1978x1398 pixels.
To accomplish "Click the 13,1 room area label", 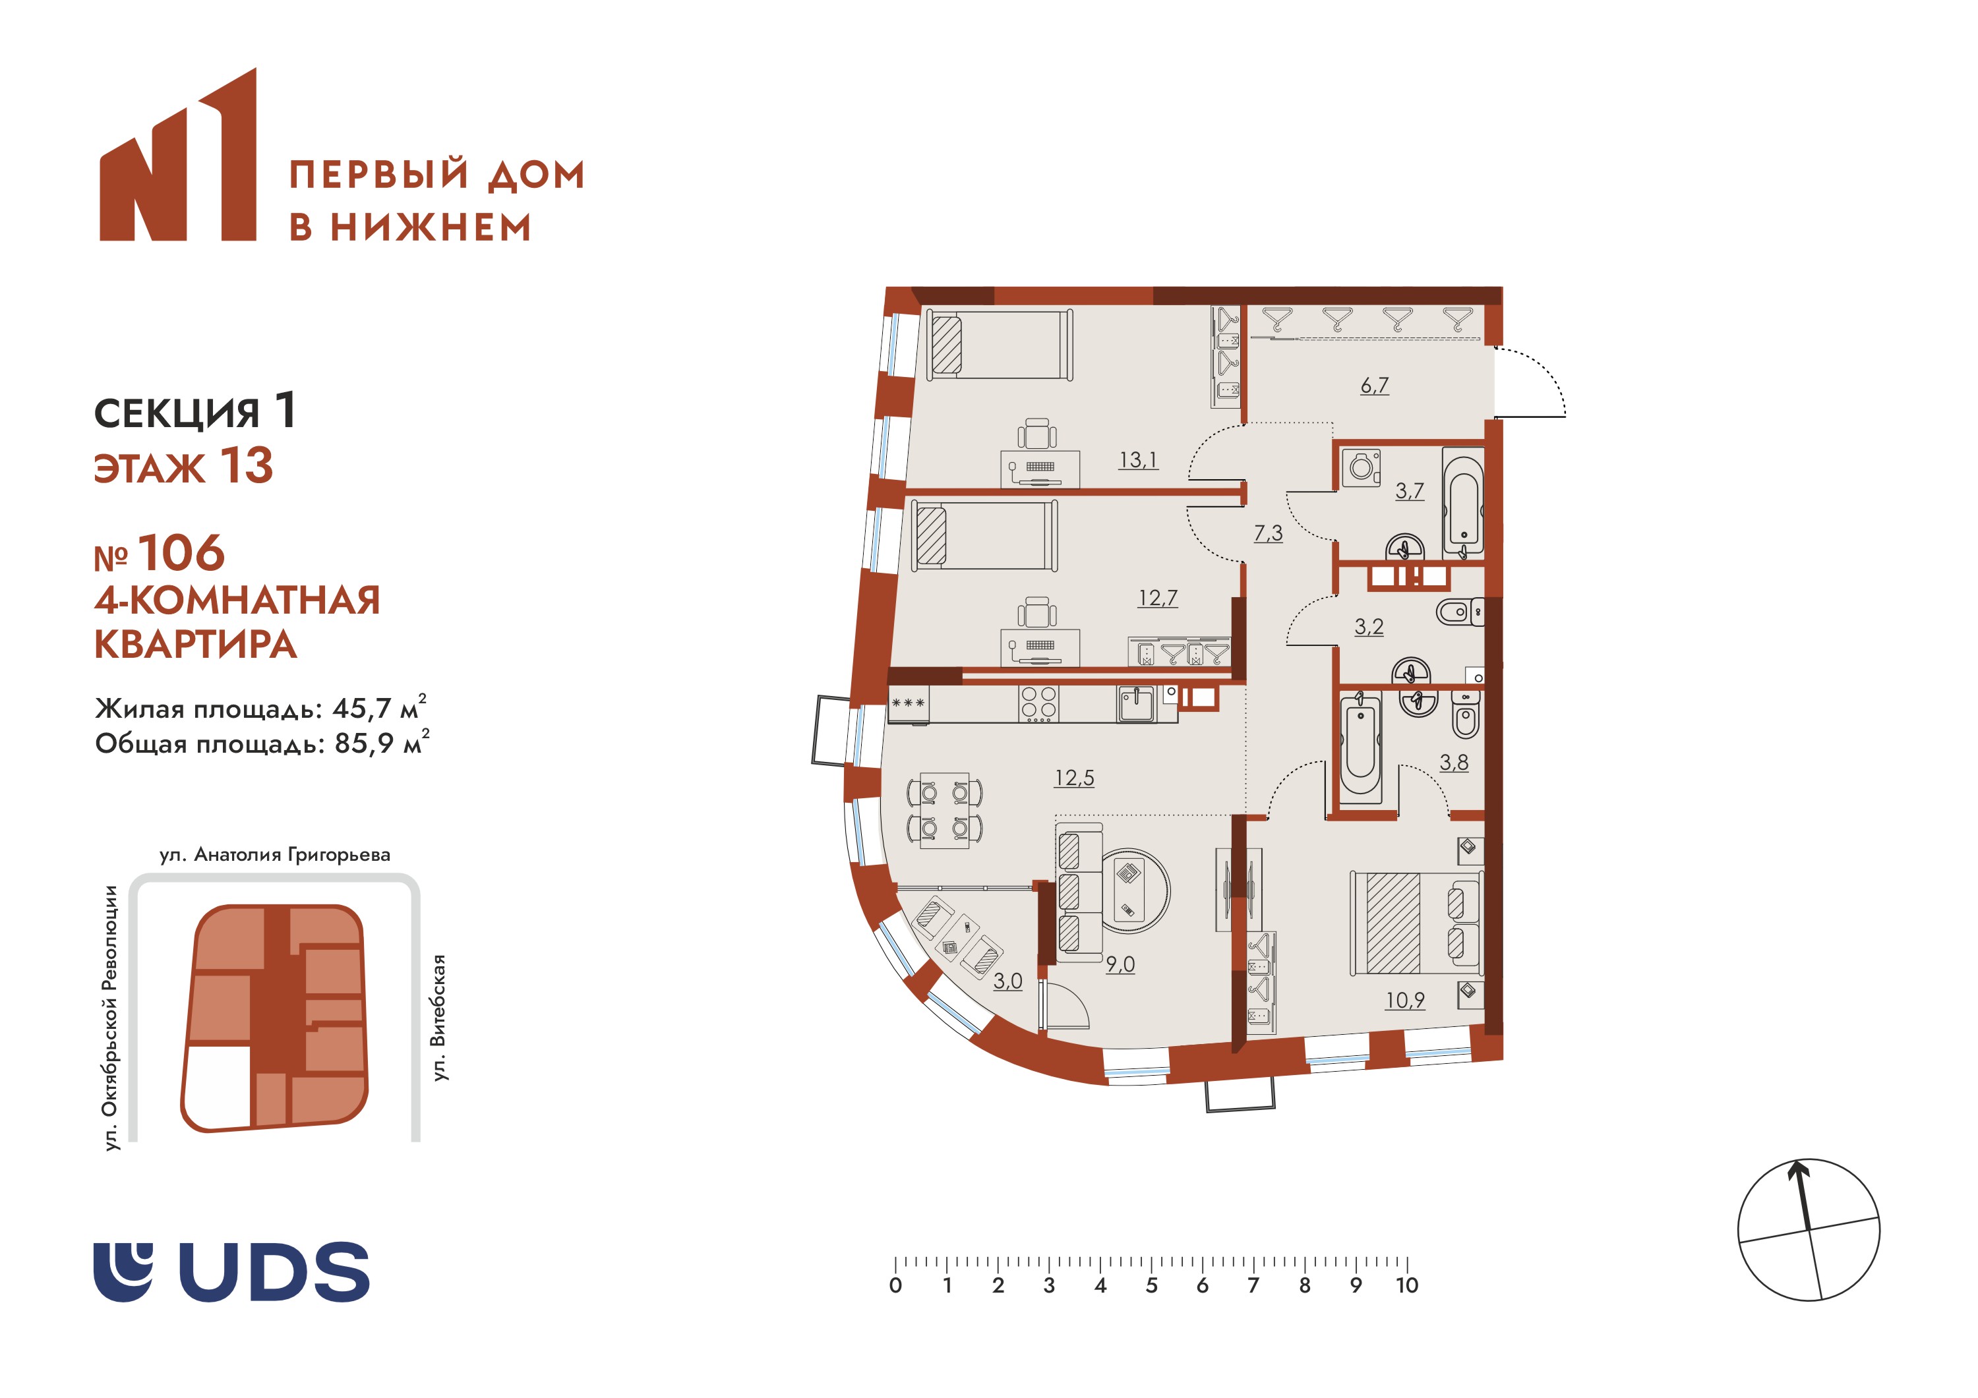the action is [1137, 460].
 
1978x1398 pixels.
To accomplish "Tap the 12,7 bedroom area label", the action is [1158, 598].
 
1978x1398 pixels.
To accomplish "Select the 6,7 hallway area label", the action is [1375, 385].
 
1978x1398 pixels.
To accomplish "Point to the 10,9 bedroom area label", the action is [1405, 1000].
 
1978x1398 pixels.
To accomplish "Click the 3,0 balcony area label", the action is [1008, 981].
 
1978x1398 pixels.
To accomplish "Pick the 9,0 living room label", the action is [1120, 964].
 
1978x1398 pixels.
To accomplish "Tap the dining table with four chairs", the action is [944, 811].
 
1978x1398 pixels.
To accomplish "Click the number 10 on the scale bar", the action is [1407, 1286].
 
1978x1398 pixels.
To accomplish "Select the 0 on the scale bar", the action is [896, 1286].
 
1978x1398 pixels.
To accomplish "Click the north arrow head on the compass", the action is [1797, 1170].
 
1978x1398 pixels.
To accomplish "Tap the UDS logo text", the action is [274, 1271].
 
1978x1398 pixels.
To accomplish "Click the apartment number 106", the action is [181, 553].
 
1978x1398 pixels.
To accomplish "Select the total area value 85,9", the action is [363, 743].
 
